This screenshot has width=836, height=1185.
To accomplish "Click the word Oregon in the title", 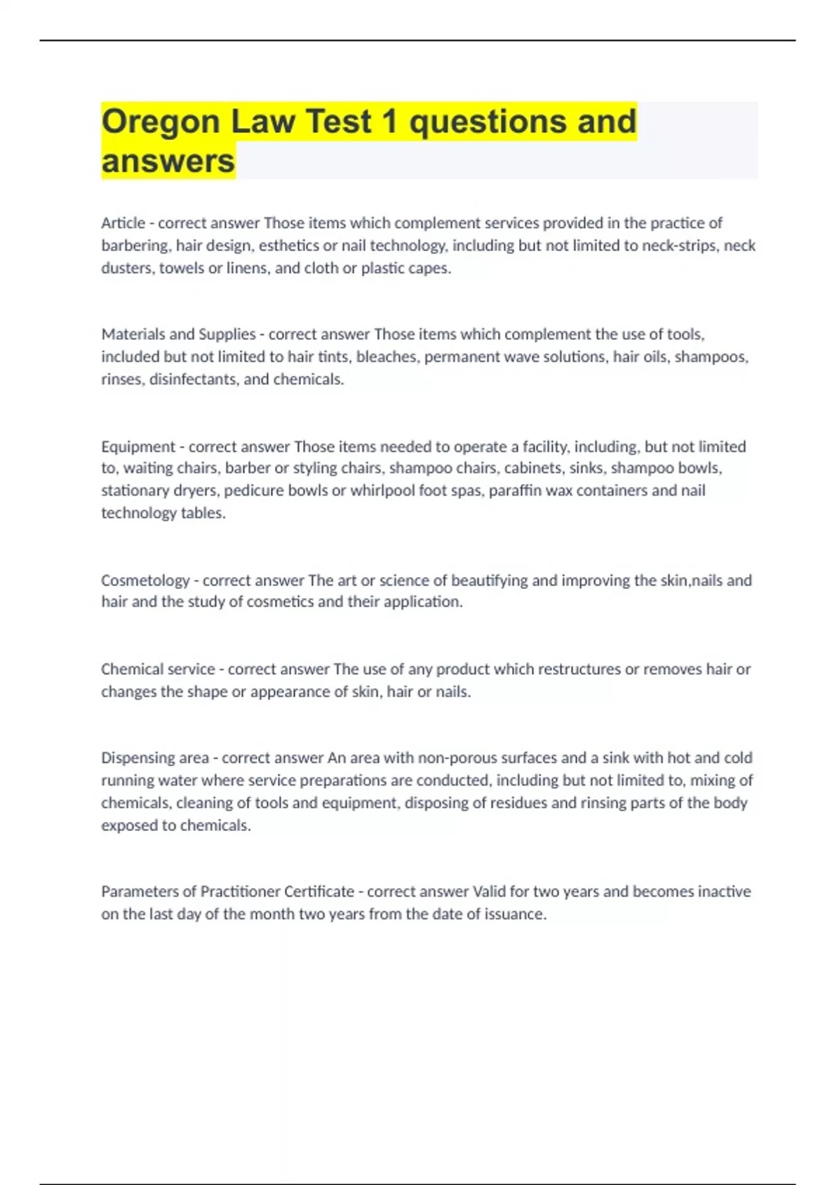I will (x=161, y=122).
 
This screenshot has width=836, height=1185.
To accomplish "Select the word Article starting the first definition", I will (x=123, y=223).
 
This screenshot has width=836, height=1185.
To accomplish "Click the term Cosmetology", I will (x=145, y=580).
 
